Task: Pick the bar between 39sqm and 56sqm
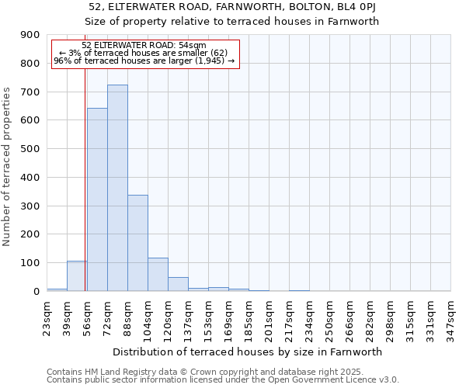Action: tap(77, 276)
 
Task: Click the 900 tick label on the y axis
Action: tap(30, 35)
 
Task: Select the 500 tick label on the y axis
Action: tap(30, 149)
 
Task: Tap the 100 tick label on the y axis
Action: tap(30, 263)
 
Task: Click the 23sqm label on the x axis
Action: tap(47, 316)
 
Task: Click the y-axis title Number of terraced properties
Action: tap(7, 167)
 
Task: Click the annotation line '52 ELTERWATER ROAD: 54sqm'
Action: tap(144, 46)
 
